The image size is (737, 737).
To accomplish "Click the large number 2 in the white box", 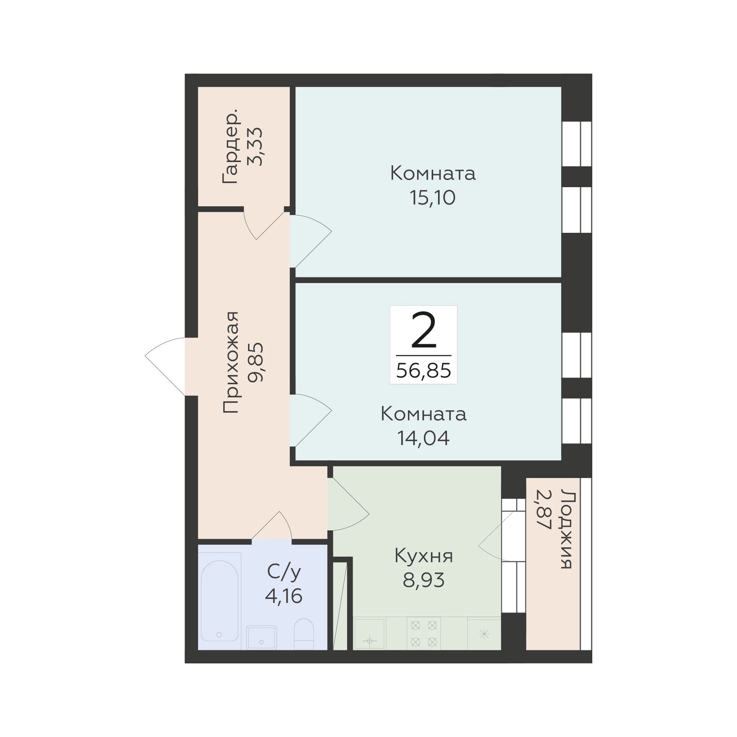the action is pos(424,330).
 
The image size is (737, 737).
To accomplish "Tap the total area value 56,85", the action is pos(424,370).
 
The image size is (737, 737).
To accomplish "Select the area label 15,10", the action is pos(433,198).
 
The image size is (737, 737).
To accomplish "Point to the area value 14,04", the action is pos(424,438).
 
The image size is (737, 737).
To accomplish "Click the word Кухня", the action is pos(424,556).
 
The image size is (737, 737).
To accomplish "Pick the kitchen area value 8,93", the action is pos(424,580).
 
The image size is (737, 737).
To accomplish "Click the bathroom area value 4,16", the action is pos(284,596).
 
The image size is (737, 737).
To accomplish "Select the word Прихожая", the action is pos(231,362).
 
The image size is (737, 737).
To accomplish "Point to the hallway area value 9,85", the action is pos(255,362).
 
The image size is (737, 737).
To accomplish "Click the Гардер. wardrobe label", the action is pos(231,146).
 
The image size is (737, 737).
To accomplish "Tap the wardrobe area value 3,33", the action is pos(255,146).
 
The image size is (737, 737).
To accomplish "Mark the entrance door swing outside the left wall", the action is pos(165,366).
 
